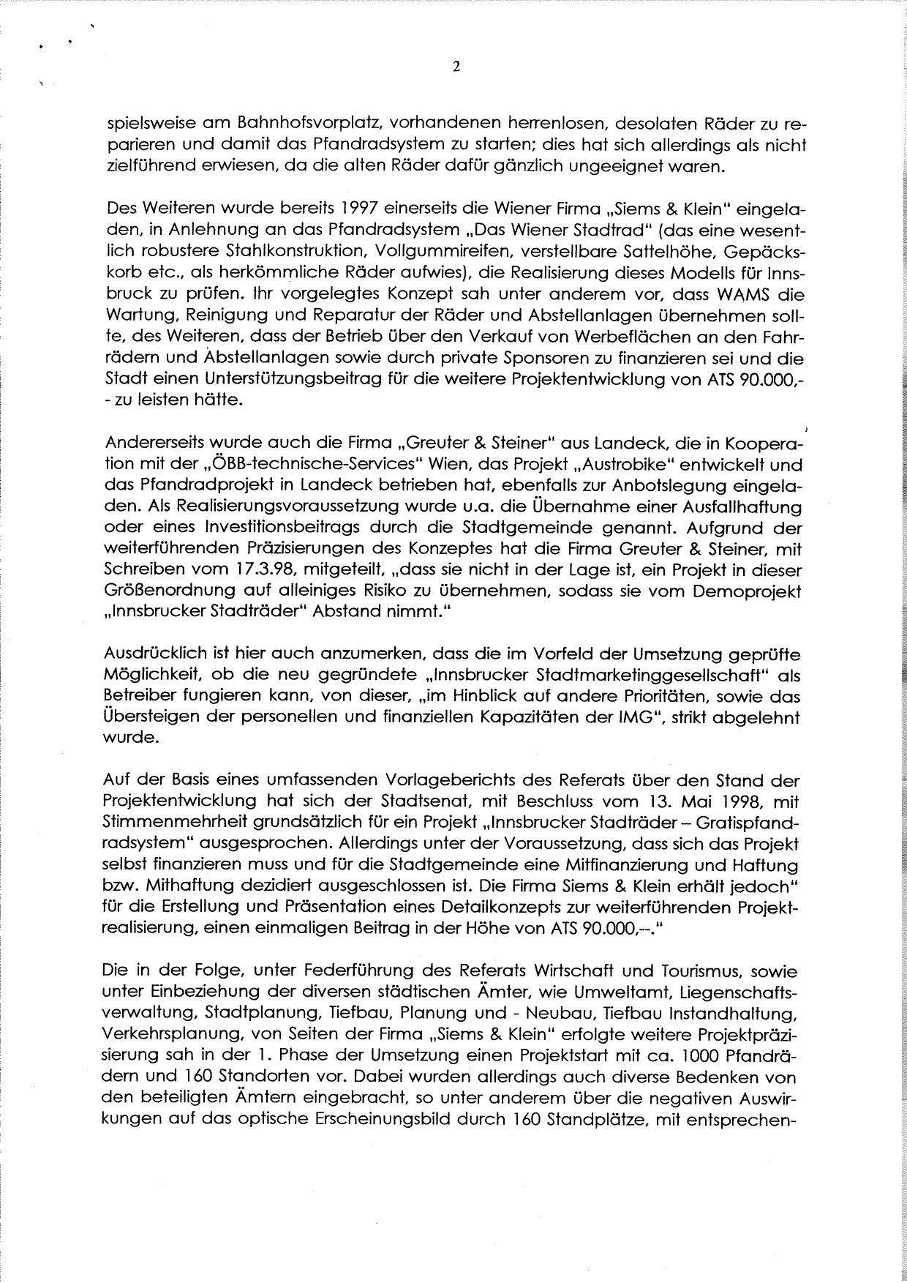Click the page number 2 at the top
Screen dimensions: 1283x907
point(456,68)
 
